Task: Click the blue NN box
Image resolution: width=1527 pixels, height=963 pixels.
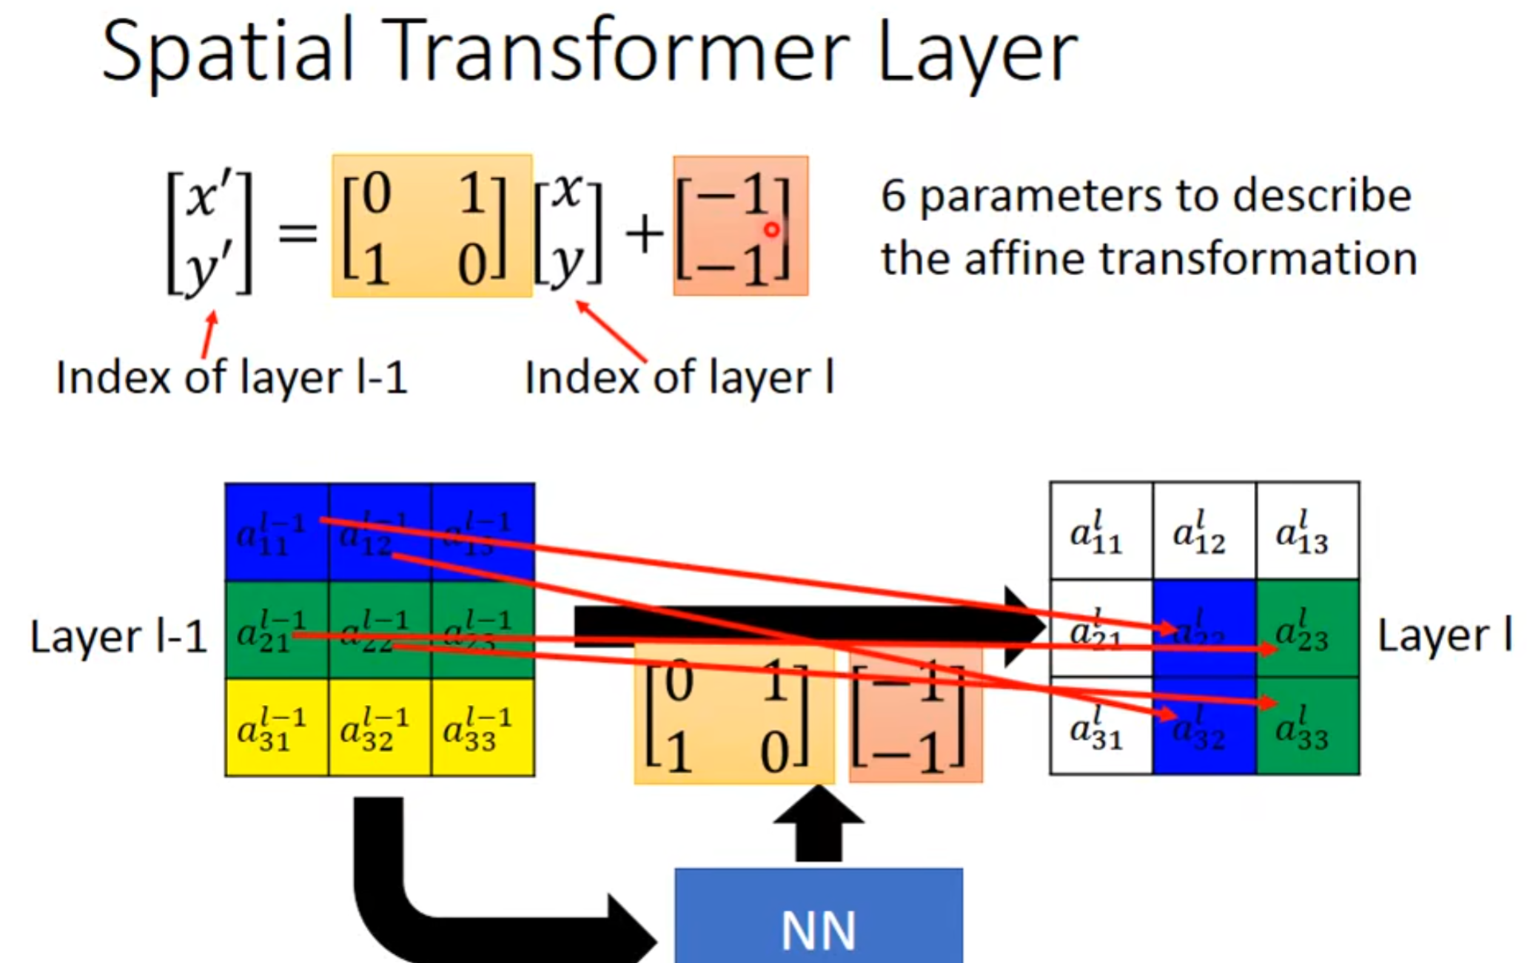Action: click(818, 917)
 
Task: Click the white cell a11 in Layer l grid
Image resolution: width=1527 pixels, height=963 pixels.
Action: click(1100, 531)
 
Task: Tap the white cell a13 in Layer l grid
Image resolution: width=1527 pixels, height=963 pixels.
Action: click(1306, 531)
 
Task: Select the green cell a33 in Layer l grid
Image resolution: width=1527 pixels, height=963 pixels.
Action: click(1306, 727)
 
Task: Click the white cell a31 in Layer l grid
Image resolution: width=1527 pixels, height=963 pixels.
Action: click(1100, 727)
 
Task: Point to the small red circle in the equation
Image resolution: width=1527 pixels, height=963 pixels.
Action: click(771, 230)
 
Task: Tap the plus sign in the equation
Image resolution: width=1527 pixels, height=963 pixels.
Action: click(644, 235)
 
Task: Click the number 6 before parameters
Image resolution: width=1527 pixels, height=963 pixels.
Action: click(893, 197)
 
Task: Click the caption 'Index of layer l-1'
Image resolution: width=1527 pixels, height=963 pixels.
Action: click(232, 378)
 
